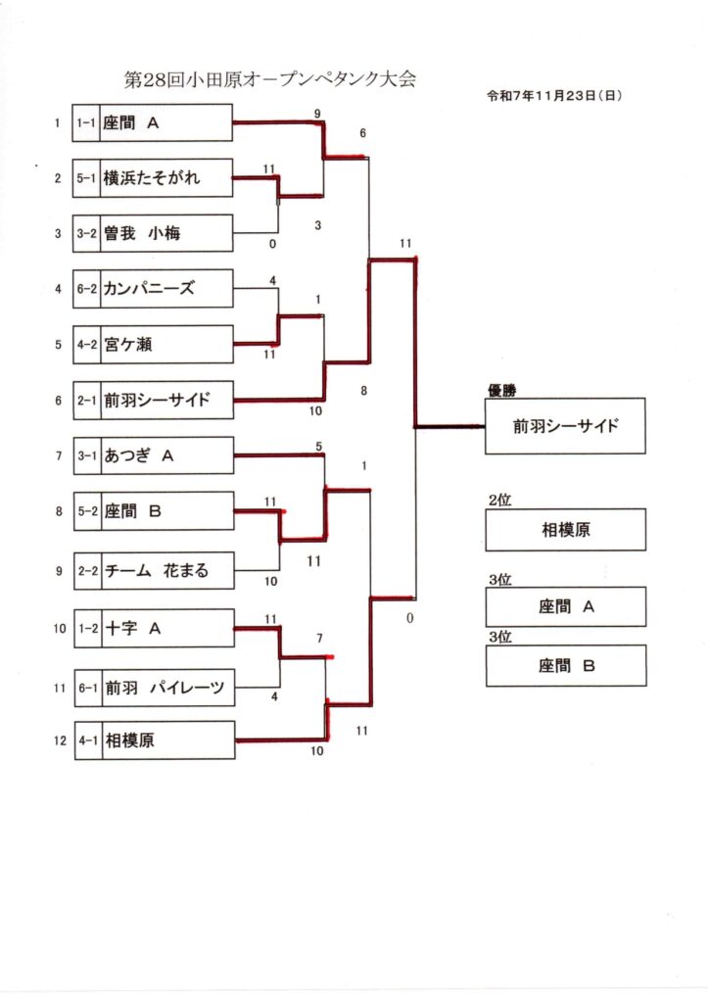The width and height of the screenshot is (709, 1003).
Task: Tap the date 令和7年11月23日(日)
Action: point(554,96)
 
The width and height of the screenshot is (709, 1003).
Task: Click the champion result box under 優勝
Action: point(566,426)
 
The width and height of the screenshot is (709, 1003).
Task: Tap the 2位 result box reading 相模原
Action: point(566,530)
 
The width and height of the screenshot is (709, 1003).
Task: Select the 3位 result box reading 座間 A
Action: point(566,606)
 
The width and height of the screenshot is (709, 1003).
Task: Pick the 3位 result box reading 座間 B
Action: point(566,666)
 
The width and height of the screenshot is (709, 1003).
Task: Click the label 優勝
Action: point(501,390)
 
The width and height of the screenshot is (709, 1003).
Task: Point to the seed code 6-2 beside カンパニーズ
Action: point(87,288)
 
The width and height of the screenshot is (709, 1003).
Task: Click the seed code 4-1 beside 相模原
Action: point(87,740)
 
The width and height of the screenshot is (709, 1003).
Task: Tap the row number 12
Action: point(60,740)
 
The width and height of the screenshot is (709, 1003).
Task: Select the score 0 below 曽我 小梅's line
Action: point(272,243)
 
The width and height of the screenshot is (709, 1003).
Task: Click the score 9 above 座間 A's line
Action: point(317,114)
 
